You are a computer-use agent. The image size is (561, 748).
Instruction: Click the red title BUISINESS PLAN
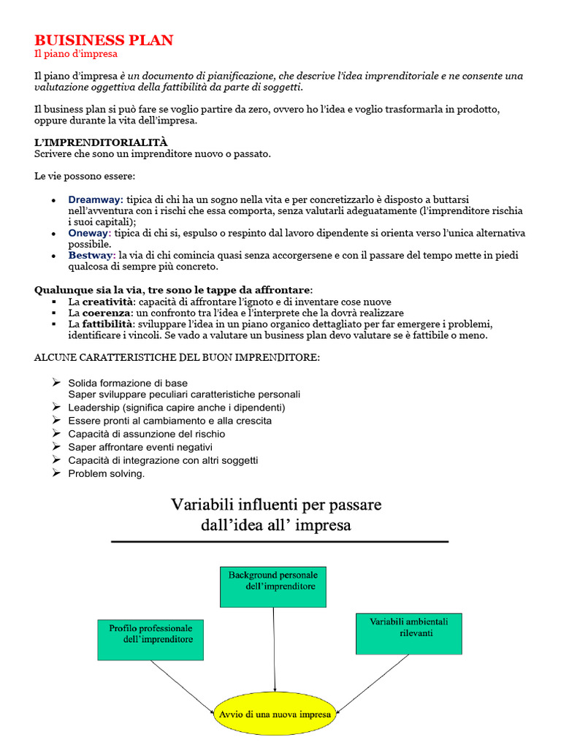[104, 40]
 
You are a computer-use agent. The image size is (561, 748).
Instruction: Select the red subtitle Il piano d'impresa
[76, 54]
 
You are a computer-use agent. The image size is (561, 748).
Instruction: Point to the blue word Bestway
[91, 255]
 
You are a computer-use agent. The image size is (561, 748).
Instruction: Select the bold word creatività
[108, 302]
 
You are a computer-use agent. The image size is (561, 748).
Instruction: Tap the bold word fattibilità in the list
[107, 324]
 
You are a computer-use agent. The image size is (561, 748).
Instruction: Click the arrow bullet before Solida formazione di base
[57, 382]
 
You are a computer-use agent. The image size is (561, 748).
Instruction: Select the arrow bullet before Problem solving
[57, 473]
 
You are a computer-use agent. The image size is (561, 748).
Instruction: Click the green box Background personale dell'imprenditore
[273, 586]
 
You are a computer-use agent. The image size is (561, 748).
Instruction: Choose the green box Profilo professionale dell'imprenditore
[150, 639]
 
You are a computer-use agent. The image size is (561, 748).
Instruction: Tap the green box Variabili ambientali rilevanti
[408, 633]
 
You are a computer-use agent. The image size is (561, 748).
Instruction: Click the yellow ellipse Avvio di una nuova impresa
[274, 714]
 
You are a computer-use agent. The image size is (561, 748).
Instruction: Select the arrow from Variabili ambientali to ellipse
[373, 682]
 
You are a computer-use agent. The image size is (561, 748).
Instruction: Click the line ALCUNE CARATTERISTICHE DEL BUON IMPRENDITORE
[177, 357]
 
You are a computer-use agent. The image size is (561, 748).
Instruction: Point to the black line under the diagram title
[280, 541]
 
